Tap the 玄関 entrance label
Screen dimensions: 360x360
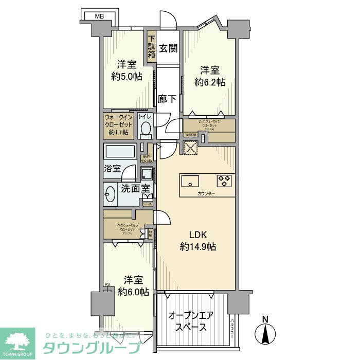[x=168, y=48]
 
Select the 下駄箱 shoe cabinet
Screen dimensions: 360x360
[x=152, y=47]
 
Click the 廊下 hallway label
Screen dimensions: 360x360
[x=168, y=99]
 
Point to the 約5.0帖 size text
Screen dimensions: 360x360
[x=126, y=77]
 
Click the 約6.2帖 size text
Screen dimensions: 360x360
[x=209, y=82]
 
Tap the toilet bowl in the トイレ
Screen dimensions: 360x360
[x=146, y=129]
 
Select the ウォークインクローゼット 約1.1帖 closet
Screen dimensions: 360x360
[x=119, y=125]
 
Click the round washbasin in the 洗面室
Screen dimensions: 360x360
[x=111, y=194]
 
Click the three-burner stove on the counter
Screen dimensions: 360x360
[x=224, y=181]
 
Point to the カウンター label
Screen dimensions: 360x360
[x=207, y=193]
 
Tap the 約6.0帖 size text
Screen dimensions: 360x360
[x=133, y=292]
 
